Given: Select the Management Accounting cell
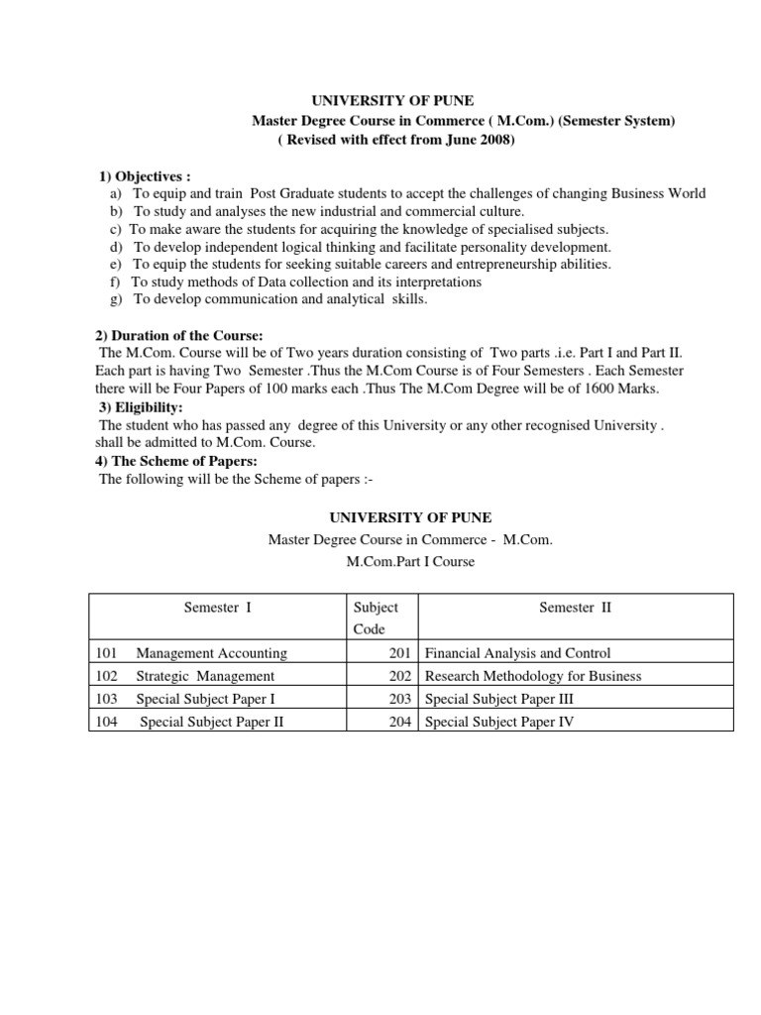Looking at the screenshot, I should tap(211, 653).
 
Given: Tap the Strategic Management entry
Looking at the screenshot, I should tap(205, 676).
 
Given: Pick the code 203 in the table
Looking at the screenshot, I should tap(402, 699).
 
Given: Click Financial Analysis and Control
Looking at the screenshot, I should tap(517, 653).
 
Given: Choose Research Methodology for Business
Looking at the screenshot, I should tap(533, 676).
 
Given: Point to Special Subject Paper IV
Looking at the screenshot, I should tap(499, 722).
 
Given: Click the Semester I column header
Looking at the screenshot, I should tap(218, 608).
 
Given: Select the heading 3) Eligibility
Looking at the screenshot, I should tap(141, 406).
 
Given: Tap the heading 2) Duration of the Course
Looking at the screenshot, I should tap(180, 336).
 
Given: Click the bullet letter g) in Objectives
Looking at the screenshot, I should tap(116, 299).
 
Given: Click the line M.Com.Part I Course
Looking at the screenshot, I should tap(409, 561).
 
